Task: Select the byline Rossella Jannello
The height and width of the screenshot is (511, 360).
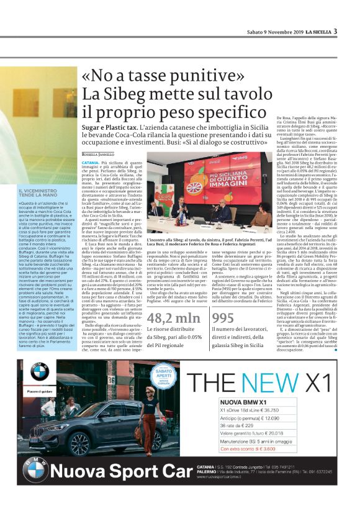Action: (x=99, y=153)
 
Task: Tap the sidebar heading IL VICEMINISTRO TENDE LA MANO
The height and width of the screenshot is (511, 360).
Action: (x=39, y=192)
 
